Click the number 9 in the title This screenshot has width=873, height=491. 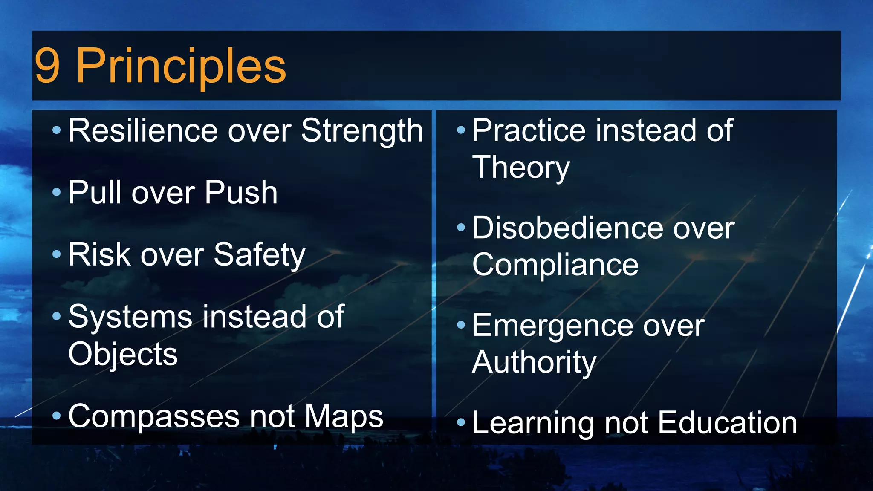tap(47, 66)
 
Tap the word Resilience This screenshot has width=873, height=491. tap(144, 130)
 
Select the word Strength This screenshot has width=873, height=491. tap(362, 131)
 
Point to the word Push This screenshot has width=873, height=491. tap(241, 193)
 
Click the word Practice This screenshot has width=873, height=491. tap(529, 130)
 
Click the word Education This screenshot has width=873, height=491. tap(727, 423)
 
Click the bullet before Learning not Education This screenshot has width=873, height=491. tap(461, 423)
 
